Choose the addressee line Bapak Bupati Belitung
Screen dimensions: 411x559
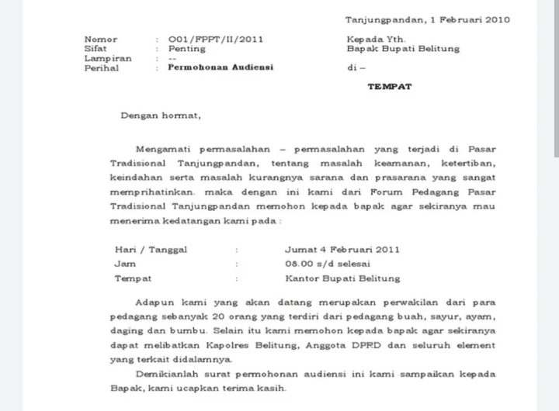click(403, 48)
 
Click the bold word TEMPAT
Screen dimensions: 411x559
click(390, 86)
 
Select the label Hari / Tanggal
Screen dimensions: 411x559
click(149, 250)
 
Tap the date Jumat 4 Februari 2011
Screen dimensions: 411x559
click(342, 250)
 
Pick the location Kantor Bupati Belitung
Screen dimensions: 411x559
click(342, 278)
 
